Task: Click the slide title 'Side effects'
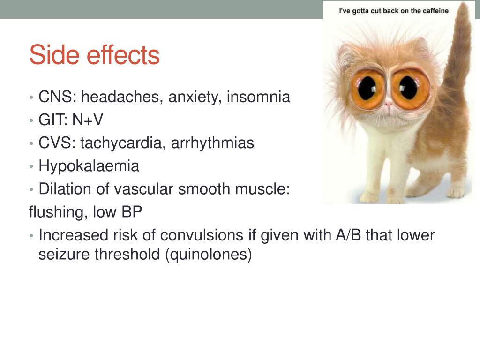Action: coord(94,55)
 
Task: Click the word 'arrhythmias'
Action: coord(212,143)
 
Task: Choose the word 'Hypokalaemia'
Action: coord(89,166)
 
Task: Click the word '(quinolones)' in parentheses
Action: coord(208,255)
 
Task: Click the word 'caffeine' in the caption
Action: coord(435,11)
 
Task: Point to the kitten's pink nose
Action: coord(389,106)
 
